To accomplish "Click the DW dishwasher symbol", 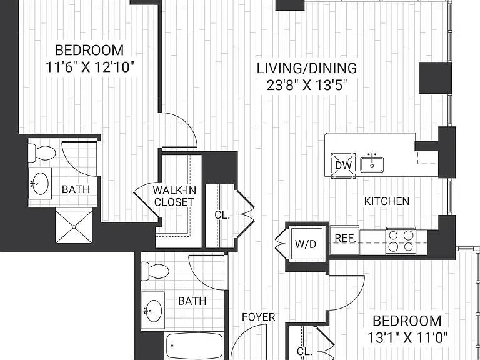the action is pos(343,165).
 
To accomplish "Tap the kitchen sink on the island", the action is pos(372,164).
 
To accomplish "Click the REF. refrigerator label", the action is pos(345,238).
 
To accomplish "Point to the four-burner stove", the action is pos(401,241).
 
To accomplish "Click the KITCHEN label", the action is pos(387,201).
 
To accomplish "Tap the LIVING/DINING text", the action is pos(307,68).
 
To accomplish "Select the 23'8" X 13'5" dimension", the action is pos(307,86).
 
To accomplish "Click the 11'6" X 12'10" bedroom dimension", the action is pos(90,67).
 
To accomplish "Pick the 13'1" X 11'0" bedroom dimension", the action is pos(407,338).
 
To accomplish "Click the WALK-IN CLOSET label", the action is pos(174,196).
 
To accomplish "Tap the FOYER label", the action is pos(258,317).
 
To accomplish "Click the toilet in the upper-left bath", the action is pos(42,152).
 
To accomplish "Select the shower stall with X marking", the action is pos(74,227).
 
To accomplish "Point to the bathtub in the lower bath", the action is pos(194,346).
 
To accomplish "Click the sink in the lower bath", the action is pos(152,311).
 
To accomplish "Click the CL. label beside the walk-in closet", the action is pos(222,215).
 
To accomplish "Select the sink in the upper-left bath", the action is pos(40,183).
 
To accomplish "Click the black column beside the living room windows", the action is pos(435,77).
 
